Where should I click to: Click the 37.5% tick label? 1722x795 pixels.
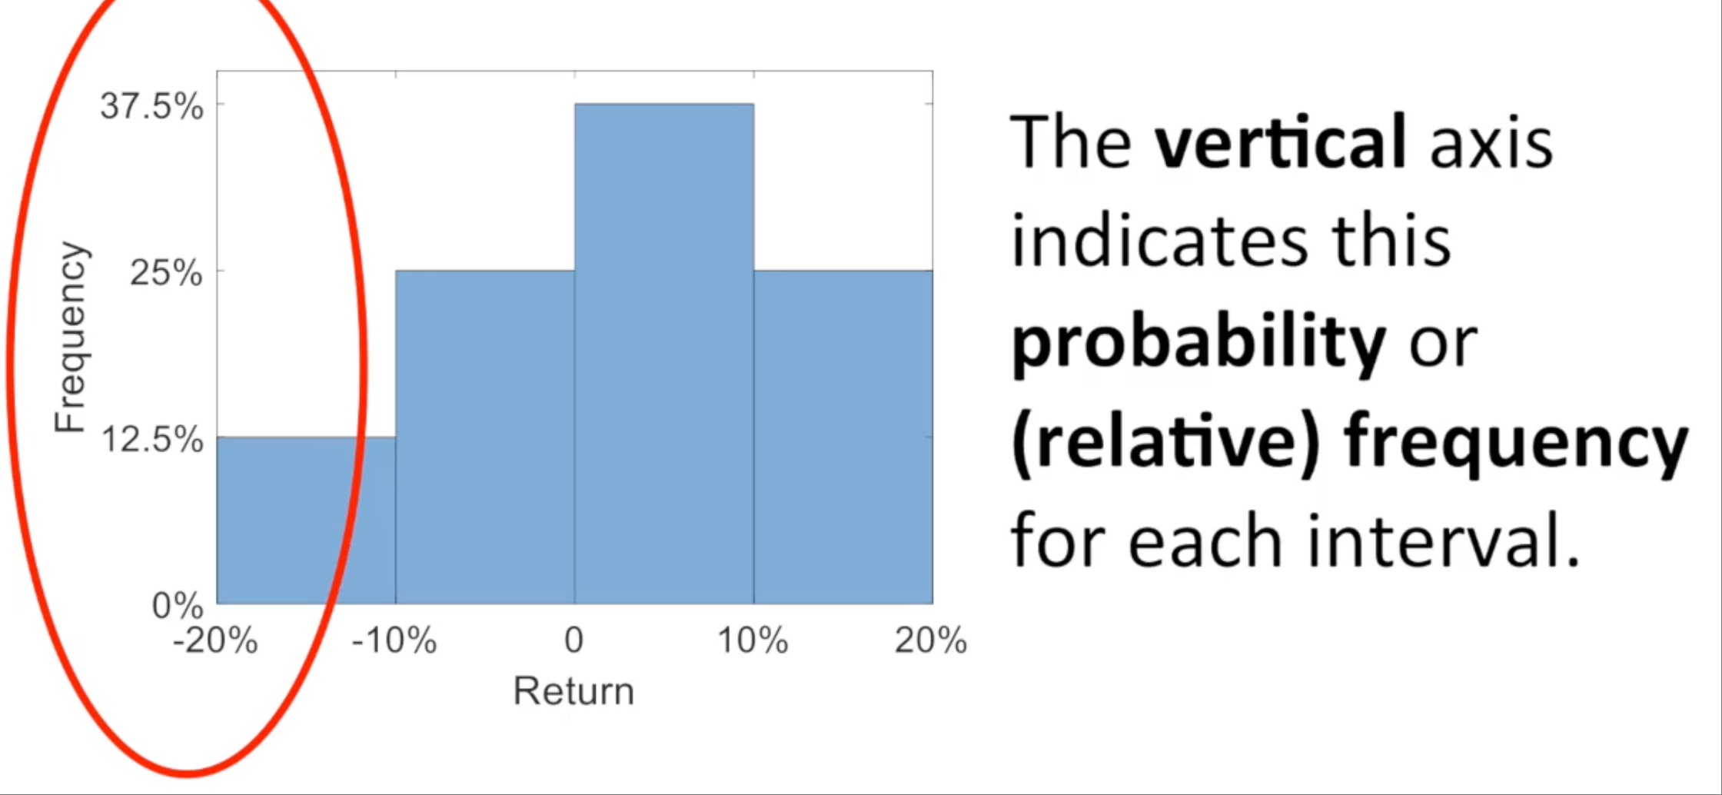click(152, 106)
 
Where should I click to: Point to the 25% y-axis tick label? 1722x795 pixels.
click(167, 272)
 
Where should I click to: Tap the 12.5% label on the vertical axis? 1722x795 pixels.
click(152, 440)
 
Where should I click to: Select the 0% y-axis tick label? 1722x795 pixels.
click(178, 606)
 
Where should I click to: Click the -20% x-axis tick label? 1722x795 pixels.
click(215, 640)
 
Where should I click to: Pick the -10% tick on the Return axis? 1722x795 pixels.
click(394, 640)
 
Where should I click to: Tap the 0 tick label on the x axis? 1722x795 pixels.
click(574, 640)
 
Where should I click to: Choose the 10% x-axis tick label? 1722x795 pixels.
click(753, 640)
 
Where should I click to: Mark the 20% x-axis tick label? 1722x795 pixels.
click(931, 640)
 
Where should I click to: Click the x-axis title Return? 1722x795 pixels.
click(573, 690)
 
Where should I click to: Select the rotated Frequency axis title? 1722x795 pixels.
click(71, 337)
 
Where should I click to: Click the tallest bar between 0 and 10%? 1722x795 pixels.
click(664, 354)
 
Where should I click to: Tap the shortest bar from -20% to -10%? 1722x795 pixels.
click(306, 521)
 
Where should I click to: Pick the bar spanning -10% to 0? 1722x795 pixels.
click(485, 437)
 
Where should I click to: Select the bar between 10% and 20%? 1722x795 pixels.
click(843, 437)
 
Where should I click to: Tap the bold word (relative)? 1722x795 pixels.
click(1165, 443)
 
